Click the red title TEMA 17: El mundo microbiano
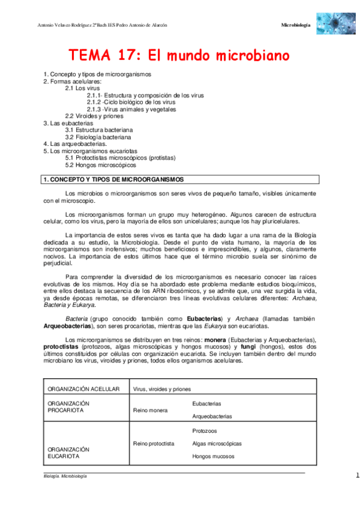(179, 56)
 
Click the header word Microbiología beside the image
(296, 25)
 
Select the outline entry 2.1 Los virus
(79, 88)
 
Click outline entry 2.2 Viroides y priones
(94, 116)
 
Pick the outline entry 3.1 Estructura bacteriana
(99, 130)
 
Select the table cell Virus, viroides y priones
(162, 389)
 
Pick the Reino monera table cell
(151, 410)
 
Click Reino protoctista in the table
(154, 444)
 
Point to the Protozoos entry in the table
(205, 431)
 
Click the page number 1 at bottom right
(357, 475)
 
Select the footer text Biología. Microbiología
(65, 476)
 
